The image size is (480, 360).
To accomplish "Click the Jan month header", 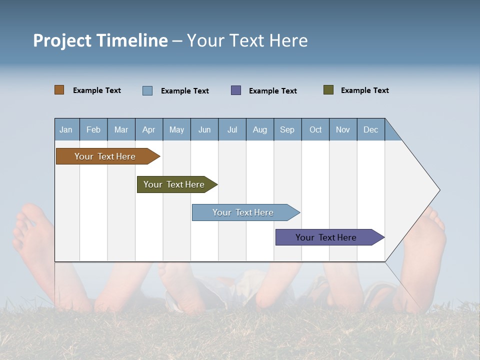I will click(66, 129).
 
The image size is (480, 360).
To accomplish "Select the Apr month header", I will click(148, 129).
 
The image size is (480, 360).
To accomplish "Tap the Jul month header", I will click(232, 129).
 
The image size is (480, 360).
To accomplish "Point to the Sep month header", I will click(287, 129).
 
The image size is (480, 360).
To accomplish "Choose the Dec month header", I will click(370, 129).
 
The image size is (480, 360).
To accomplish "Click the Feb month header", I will click(93, 129).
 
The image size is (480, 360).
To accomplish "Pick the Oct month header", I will click(315, 129).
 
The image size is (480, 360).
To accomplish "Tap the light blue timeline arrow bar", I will click(243, 212).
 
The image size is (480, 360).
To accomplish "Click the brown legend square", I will click(59, 90).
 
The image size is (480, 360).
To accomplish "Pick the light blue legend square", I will click(147, 90).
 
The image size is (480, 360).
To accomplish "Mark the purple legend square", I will click(236, 90).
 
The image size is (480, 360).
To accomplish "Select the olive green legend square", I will click(328, 90).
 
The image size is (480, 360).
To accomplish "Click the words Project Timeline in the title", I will click(100, 40).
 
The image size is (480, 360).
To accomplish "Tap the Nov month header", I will click(343, 129).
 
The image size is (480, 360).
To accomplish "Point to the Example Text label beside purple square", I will click(272, 91).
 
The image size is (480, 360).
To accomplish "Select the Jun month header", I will click(204, 129).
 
